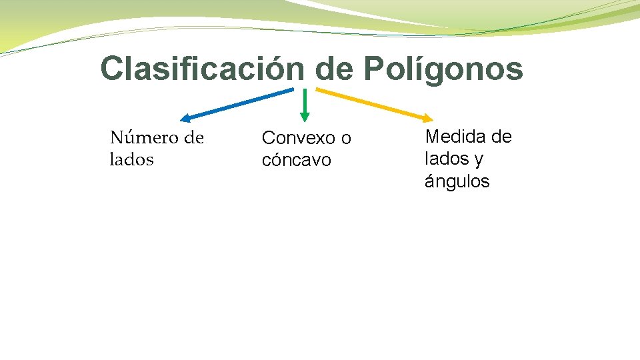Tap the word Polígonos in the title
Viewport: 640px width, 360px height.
pos(443,69)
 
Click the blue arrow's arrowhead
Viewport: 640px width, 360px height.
pos(185,119)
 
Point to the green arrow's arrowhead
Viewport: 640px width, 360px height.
pos(305,117)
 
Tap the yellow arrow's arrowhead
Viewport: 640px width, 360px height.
pos(427,117)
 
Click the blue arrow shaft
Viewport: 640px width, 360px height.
pos(240,103)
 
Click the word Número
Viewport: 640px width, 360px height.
pos(143,138)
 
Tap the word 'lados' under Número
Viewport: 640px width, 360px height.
pos(131,160)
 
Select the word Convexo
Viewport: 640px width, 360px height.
pos(298,138)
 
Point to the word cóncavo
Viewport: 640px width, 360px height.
pos(296,160)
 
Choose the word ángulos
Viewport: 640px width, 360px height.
pos(457,181)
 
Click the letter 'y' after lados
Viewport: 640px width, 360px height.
pos(479,160)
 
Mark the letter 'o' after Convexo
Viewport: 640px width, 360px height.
pos(345,139)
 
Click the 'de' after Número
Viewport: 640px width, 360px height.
pos(193,138)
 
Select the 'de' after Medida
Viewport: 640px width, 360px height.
pos(501,137)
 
